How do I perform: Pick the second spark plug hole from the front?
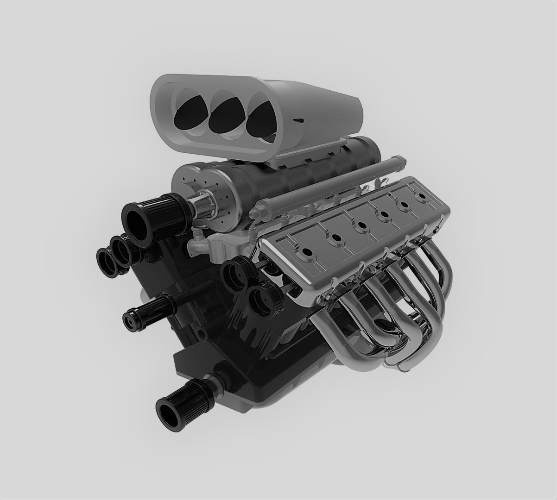click(x=335, y=239)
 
